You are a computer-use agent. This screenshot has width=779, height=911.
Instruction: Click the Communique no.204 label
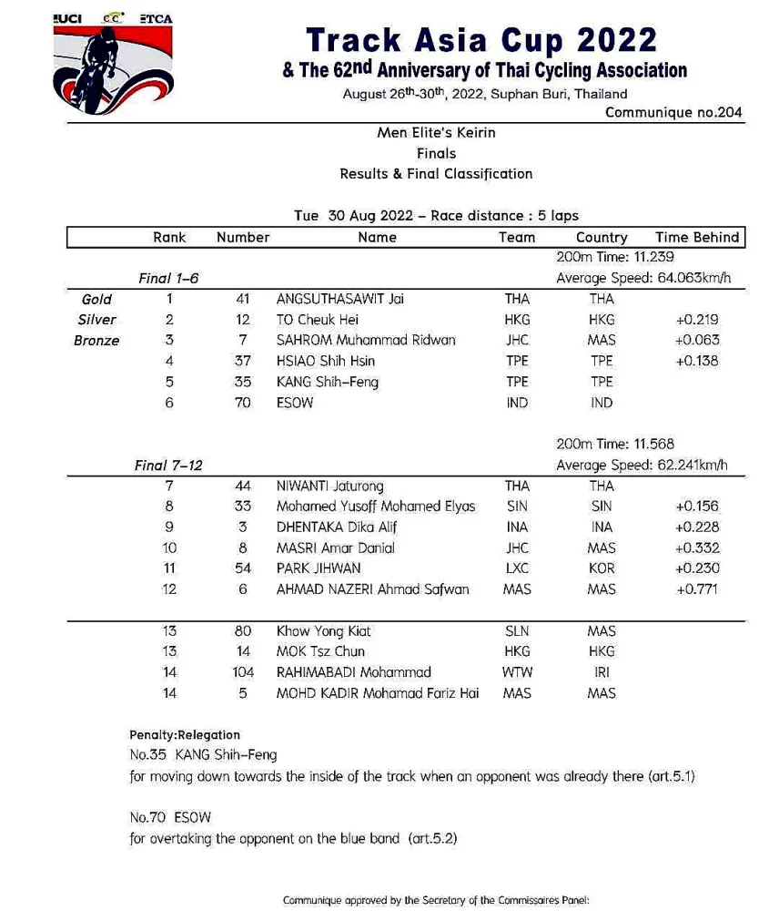673,113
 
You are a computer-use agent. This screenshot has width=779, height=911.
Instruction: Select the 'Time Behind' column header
697,237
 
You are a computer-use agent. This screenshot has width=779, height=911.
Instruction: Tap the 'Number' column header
243,237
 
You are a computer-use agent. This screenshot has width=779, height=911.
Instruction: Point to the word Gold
96,299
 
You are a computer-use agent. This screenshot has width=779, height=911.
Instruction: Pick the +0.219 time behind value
697,320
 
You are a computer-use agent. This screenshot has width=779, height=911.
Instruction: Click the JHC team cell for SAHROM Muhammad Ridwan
517,340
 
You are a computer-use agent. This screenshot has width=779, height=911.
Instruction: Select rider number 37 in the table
243,361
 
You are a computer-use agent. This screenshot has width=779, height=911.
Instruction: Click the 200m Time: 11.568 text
614,445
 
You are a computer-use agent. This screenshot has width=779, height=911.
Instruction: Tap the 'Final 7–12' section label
168,466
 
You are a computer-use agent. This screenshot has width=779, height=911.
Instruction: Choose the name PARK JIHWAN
319,568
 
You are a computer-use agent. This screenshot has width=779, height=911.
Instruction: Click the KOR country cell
602,568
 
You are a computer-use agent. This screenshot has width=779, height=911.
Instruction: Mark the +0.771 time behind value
697,589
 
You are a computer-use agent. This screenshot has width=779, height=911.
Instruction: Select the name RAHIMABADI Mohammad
354,672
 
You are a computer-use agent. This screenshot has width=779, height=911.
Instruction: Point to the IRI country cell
602,672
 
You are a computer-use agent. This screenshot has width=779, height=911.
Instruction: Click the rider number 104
243,672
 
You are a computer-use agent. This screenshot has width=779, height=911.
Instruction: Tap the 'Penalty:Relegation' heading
185,734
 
